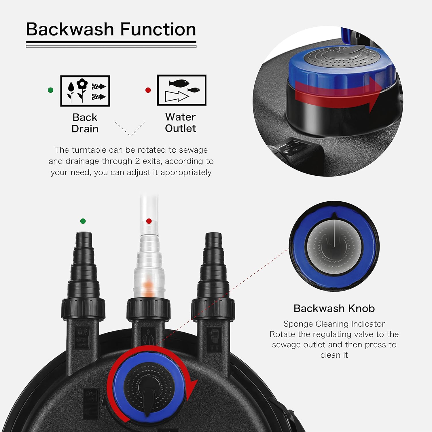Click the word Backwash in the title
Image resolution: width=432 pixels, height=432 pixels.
[70, 29]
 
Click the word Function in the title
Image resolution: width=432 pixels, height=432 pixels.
[158, 29]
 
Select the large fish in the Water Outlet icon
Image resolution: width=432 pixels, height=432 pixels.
[179, 83]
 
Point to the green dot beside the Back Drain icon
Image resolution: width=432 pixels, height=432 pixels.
[51, 90]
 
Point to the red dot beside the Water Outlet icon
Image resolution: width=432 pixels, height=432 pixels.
[148, 90]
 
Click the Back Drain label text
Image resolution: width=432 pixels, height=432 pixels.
[85, 123]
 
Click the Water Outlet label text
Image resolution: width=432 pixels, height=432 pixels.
[180, 122]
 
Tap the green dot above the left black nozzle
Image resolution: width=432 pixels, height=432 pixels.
[83, 221]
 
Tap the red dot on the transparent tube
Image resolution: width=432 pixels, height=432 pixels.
[149, 221]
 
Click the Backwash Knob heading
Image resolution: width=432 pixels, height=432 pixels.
[334, 308]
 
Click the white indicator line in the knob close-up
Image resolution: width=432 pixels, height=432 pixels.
[334, 234]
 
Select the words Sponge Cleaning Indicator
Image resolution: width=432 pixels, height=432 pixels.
[334, 324]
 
